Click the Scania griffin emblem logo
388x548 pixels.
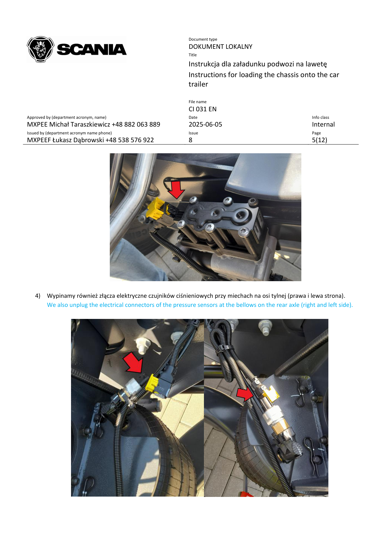click(40, 49)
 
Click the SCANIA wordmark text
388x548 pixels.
click(92, 50)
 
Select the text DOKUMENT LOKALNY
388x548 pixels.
click(220, 47)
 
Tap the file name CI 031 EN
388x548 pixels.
click(202, 109)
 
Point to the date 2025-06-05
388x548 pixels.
click(205, 124)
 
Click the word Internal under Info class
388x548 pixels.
click(323, 124)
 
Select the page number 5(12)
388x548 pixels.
click(319, 140)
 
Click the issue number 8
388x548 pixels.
click(191, 140)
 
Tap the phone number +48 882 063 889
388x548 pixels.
click(136, 124)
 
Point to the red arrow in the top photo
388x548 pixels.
click(176, 190)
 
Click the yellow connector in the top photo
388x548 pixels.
click(155, 208)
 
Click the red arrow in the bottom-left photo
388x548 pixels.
click(134, 362)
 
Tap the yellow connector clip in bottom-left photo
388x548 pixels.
click(152, 383)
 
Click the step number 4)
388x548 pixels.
click(38, 296)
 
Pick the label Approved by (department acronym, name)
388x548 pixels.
click(66, 117)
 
